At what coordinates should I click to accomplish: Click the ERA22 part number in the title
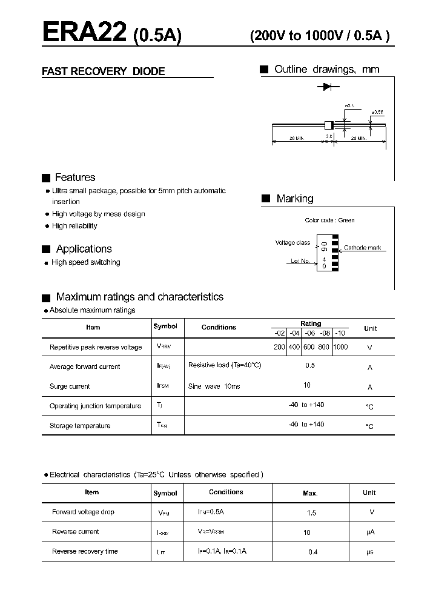(x=84, y=33)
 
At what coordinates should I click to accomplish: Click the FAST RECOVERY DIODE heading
(x=103, y=71)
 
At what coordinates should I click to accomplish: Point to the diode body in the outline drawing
(x=329, y=125)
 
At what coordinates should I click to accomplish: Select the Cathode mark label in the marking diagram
(x=362, y=248)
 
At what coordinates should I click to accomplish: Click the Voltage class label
(x=292, y=243)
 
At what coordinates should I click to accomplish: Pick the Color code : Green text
(x=329, y=220)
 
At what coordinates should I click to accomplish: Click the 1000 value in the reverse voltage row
(x=340, y=347)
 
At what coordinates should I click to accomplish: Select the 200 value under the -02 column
(x=279, y=347)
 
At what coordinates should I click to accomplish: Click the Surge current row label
(x=70, y=386)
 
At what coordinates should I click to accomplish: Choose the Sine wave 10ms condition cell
(x=214, y=386)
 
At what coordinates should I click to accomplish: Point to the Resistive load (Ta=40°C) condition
(x=225, y=366)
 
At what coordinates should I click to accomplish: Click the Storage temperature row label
(x=80, y=426)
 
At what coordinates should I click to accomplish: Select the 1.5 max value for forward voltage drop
(x=311, y=513)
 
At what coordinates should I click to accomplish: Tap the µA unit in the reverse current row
(x=371, y=532)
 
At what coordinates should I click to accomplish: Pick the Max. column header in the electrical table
(x=310, y=494)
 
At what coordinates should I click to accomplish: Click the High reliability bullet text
(x=74, y=226)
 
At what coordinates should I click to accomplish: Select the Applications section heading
(x=84, y=249)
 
